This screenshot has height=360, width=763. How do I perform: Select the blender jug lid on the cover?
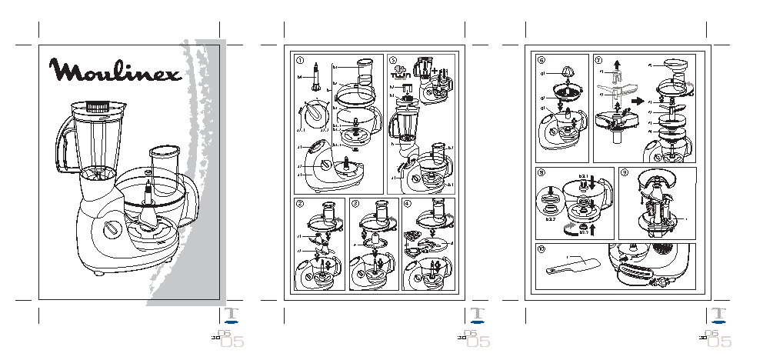coord(95,106)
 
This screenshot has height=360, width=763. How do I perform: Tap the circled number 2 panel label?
coord(299,203)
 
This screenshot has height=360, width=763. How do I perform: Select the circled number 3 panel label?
coord(355,203)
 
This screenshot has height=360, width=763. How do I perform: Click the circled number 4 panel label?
coord(408,203)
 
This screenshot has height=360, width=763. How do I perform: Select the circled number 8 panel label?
coord(541,173)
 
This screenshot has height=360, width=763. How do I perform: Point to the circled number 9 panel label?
coord(624,173)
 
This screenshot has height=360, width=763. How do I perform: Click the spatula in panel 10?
coord(570,266)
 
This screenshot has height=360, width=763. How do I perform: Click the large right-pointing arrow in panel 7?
coord(636,101)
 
